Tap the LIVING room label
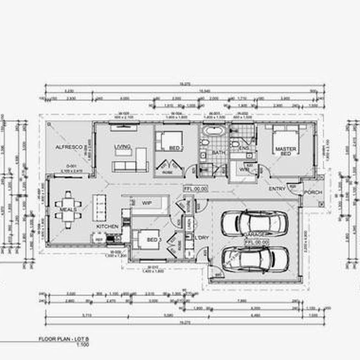click(122, 147)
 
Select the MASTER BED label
click(286, 151)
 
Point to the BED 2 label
click(177, 148)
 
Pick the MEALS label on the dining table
click(67, 209)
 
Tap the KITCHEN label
click(107, 226)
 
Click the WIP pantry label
click(146, 203)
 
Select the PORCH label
click(312, 192)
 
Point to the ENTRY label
click(277, 189)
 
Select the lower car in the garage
click(255, 259)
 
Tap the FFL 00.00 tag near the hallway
click(195, 189)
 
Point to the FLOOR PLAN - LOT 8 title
click(64, 340)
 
